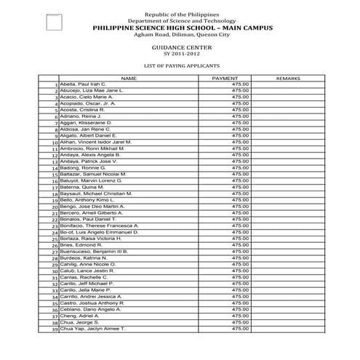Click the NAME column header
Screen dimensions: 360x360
click(128, 78)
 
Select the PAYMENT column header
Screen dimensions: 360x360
click(224, 78)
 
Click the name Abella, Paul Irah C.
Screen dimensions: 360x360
click(83, 84)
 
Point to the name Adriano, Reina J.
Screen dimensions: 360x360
click(80, 116)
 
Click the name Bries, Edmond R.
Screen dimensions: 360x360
click(81, 245)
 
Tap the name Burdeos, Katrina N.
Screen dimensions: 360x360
click(84, 257)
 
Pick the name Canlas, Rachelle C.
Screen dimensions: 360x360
click(84, 277)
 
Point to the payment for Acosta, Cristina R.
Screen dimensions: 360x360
click(240, 110)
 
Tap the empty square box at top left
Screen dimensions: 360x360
click(54, 23)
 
